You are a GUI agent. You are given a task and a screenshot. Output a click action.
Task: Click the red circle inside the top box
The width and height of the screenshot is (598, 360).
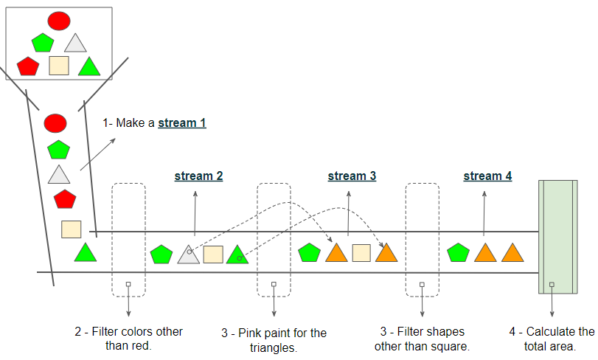pyautogui.click(x=59, y=21)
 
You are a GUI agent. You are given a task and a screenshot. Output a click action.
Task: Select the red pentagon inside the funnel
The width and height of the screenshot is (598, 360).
pyautogui.click(x=65, y=199)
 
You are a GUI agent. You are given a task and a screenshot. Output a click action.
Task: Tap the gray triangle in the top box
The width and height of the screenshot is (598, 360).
pyautogui.click(x=75, y=43)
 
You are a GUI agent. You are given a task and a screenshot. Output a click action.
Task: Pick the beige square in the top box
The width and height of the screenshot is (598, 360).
pyautogui.click(x=59, y=66)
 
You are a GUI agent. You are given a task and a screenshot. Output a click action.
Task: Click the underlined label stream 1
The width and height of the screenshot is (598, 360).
pyautogui.click(x=182, y=122)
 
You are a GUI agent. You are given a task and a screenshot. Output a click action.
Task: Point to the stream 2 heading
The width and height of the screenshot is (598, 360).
pyautogui.click(x=198, y=176)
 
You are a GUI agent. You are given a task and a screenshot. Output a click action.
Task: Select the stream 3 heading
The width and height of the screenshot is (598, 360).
pyautogui.click(x=352, y=176)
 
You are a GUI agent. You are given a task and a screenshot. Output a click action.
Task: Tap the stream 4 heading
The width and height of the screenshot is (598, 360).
pyautogui.click(x=488, y=176)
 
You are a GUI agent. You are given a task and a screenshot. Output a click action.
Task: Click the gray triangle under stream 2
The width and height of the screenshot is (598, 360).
pyautogui.click(x=189, y=255)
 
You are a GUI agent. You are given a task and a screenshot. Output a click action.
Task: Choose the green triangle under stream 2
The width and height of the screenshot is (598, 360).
pyautogui.click(x=237, y=255)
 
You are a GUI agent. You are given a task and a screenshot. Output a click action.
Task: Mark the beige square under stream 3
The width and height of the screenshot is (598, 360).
pyautogui.click(x=361, y=253)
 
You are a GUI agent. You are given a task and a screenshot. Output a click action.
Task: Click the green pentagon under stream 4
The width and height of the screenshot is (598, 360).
pyautogui.click(x=458, y=252)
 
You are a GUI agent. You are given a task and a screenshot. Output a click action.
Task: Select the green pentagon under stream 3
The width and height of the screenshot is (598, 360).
pyautogui.click(x=309, y=252)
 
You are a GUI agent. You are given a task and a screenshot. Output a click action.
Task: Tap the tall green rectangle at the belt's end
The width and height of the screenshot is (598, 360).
pyautogui.click(x=558, y=237)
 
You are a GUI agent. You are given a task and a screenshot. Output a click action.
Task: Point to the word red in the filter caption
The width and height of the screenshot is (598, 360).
pyautogui.click(x=142, y=345)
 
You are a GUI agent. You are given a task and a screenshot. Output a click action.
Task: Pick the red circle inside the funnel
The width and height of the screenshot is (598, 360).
pyautogui.click(x=55, y=123)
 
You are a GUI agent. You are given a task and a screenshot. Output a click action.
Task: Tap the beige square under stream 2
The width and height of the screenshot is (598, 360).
pyautogui.click(x=213, y=255)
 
